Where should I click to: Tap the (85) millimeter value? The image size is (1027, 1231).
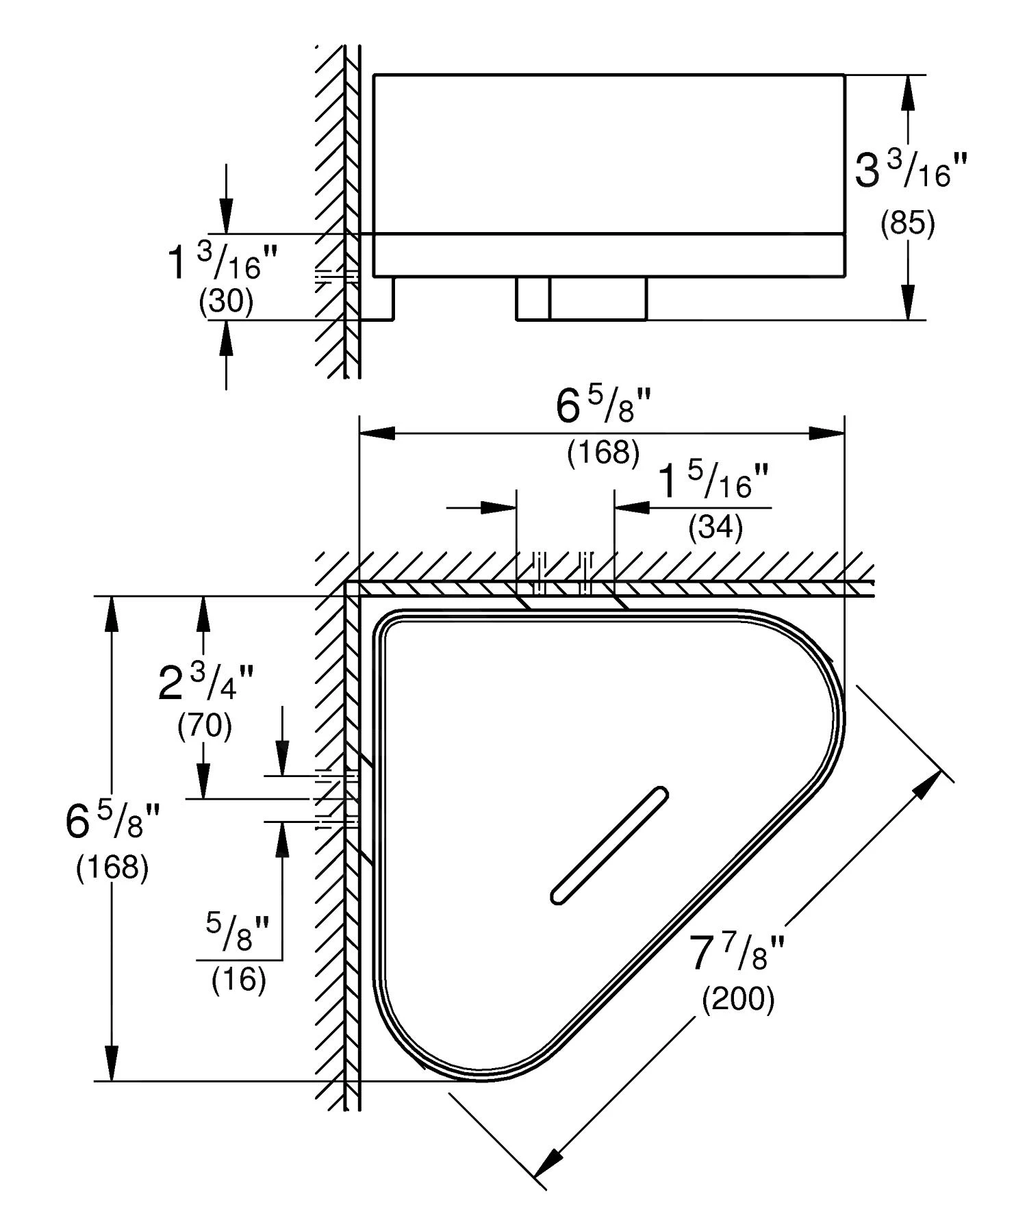point(908,224)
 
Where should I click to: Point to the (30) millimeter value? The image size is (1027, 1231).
point(226,301)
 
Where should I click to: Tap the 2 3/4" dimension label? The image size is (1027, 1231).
point(205,684)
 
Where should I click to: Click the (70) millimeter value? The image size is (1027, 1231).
point(205,725)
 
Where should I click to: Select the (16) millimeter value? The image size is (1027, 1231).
point(239,980)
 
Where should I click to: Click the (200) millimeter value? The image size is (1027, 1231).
point(738,1000)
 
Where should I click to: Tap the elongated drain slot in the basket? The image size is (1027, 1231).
point(609,846)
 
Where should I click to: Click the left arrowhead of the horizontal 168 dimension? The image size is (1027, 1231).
point(377,433)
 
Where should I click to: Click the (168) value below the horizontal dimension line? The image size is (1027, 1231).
point(603,453)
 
